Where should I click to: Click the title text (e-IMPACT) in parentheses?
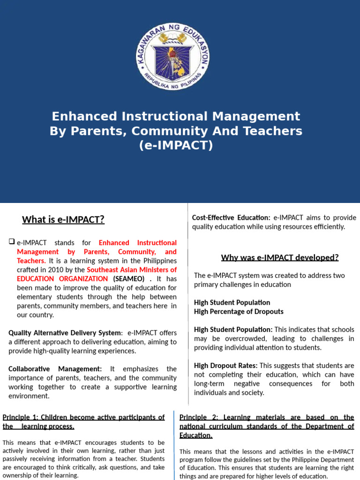176,146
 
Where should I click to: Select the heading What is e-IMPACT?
63,219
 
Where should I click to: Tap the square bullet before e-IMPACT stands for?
12,242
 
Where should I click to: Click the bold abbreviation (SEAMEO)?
133,278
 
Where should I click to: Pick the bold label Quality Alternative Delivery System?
65,333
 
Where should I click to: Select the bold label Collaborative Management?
55,369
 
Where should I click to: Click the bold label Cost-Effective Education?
231,217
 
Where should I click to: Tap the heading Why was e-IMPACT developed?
279,257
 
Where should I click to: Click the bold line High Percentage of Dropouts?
239,311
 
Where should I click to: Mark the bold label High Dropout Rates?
225,365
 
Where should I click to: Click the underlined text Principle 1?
22,417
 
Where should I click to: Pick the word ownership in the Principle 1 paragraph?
18,475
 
